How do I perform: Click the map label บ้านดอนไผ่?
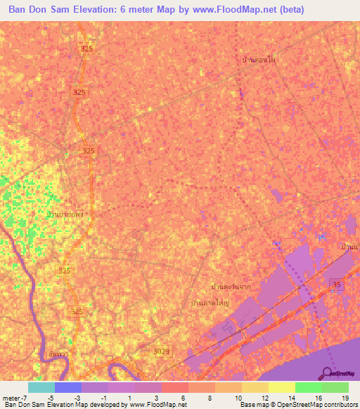click(x=258, y=60)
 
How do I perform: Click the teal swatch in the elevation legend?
click(x=41, y=387)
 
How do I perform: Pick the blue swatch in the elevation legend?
click(x=68, y=387)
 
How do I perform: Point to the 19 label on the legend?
click(x=344, y=398)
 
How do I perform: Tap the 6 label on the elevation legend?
click(x=184, y=398)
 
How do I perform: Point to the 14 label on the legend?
click(x=290, y=398)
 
